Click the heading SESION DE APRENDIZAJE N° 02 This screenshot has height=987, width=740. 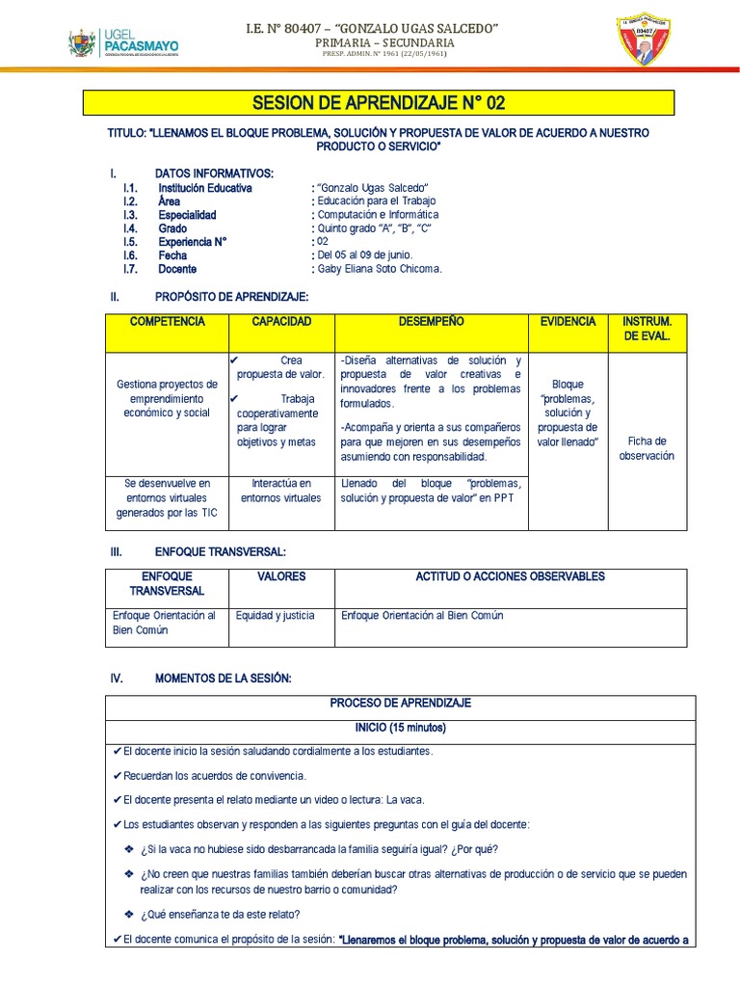[379, 103]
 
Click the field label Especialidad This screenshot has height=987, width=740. [187, 215]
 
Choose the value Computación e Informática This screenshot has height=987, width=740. [378, 215]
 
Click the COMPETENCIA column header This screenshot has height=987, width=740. [167, 321]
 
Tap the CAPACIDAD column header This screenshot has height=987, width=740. [280, 321]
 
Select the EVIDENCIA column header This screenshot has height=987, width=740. [568, 321]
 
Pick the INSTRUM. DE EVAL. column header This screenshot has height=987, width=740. [647, 329]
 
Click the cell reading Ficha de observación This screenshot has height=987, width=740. [647, 448]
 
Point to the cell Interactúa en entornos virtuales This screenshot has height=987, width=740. [280, 491]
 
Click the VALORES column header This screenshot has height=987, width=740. [281, 576]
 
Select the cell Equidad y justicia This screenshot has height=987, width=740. [276, 615]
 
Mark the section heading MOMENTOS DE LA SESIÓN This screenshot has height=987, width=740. [222, 679]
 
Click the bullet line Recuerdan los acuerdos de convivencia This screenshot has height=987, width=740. [214, 775]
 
